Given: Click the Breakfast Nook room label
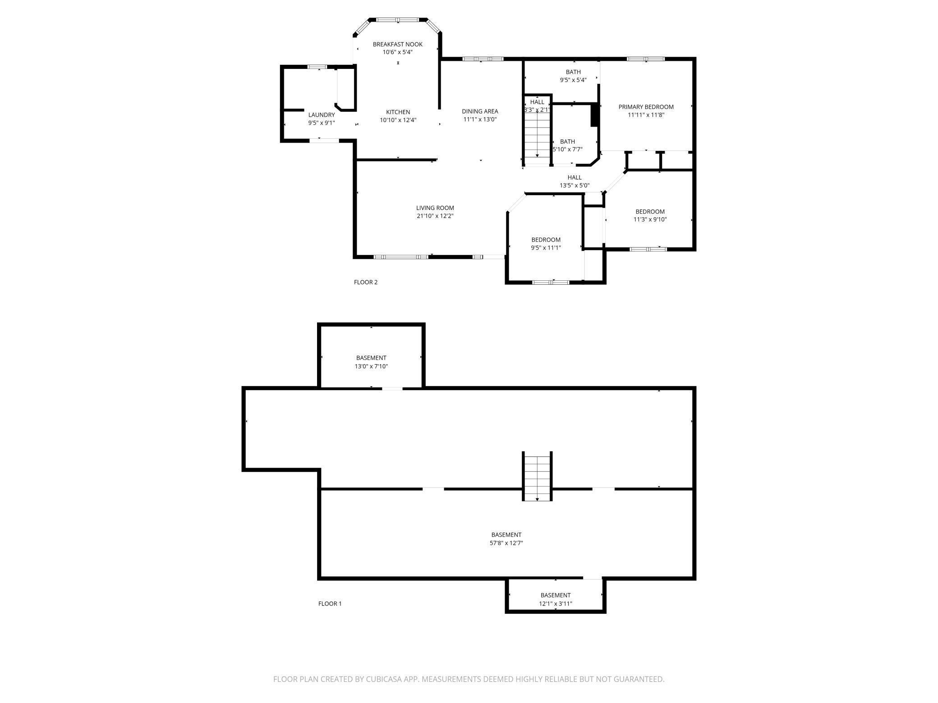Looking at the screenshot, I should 397,44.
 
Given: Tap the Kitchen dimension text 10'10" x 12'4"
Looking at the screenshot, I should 398,120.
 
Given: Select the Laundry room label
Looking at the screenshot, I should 321,115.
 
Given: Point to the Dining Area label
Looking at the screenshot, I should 480,111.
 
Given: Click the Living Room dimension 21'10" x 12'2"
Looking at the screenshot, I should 435,216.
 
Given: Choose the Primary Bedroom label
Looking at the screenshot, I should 646,107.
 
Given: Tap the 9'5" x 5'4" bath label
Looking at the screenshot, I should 573,76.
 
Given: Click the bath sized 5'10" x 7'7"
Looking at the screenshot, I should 567,145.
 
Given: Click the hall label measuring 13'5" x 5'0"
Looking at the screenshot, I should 575,181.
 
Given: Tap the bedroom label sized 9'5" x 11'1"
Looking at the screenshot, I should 546,243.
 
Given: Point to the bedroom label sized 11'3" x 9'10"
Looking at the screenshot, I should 650,215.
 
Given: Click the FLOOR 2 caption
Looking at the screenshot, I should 365,283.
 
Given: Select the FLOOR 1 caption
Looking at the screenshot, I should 330,604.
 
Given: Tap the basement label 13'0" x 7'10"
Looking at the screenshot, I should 371,362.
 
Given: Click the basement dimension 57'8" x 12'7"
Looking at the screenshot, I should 506,543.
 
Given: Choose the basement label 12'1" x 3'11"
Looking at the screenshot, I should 555,599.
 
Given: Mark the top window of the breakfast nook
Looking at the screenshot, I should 398,20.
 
